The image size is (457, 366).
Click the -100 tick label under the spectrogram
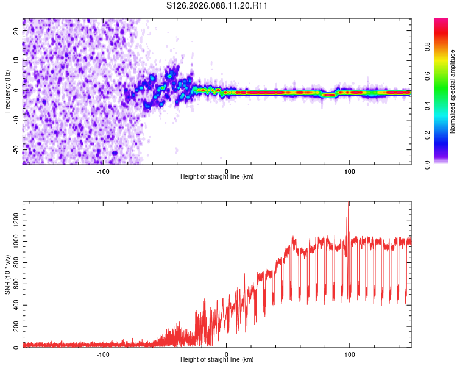click(103, 171)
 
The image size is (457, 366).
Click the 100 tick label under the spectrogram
click(350, 171)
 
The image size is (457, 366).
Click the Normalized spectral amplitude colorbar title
click(453, 91)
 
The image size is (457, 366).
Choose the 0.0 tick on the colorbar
click(443, 163)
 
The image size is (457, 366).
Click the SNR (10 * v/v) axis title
click(7, 274)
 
